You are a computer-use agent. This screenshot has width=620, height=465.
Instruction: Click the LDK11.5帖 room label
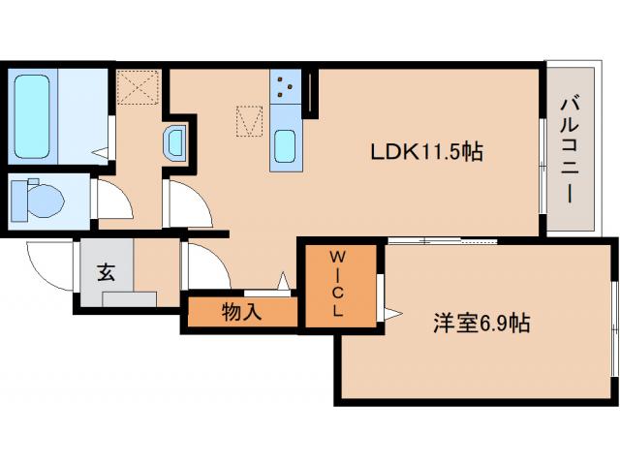[427, 151]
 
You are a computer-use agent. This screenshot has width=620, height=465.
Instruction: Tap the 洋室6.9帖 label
[480, 324]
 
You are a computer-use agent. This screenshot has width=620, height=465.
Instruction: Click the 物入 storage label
[239, 313]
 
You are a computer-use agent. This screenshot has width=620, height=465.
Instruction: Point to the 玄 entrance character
[105, 272]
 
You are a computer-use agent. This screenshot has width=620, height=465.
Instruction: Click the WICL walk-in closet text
[338, 284]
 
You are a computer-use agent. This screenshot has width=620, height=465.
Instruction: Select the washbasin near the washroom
[176, 143]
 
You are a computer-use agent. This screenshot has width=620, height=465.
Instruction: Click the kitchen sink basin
[288, 148]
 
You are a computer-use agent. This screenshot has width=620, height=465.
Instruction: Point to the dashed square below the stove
[250, 120]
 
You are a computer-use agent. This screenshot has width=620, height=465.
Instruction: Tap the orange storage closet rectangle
[240, 313]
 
